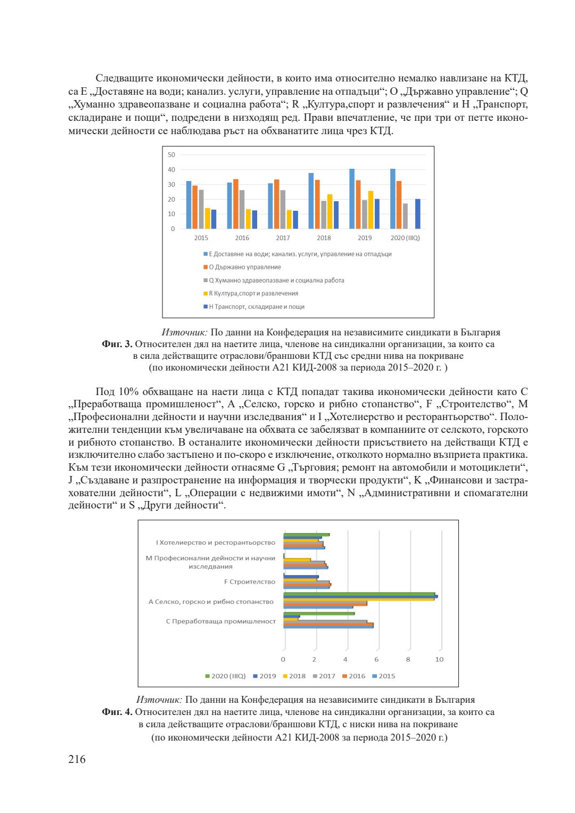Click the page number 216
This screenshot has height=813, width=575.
click(77, 759)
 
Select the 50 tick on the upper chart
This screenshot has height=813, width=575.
click(171, 155)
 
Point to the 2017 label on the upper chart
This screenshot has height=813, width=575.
click(283, 238)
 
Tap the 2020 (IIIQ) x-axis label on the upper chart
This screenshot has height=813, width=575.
click(405, 238)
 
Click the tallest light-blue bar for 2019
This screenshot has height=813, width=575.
click(352, 199)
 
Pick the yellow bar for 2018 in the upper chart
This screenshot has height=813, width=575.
click(330, 211)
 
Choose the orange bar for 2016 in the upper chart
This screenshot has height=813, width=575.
click(236, 204)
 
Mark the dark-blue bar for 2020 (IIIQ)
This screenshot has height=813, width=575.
click(418, 214)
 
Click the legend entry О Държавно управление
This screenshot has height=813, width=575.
click(244, 267)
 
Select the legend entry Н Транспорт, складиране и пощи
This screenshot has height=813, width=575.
click(256, 307)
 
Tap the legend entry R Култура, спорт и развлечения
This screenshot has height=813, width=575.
click(253, 293)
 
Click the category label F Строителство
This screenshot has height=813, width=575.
click(250, 582)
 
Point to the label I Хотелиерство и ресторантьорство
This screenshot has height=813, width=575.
click(216, 543)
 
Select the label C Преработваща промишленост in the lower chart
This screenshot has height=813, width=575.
click(221, 621)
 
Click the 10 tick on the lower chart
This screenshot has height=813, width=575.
click(439, 660)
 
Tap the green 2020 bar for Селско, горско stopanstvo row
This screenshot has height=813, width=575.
click(359, 594)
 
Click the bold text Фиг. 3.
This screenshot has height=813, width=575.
click(117, 344)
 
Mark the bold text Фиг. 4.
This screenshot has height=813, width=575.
click(117, 712)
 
